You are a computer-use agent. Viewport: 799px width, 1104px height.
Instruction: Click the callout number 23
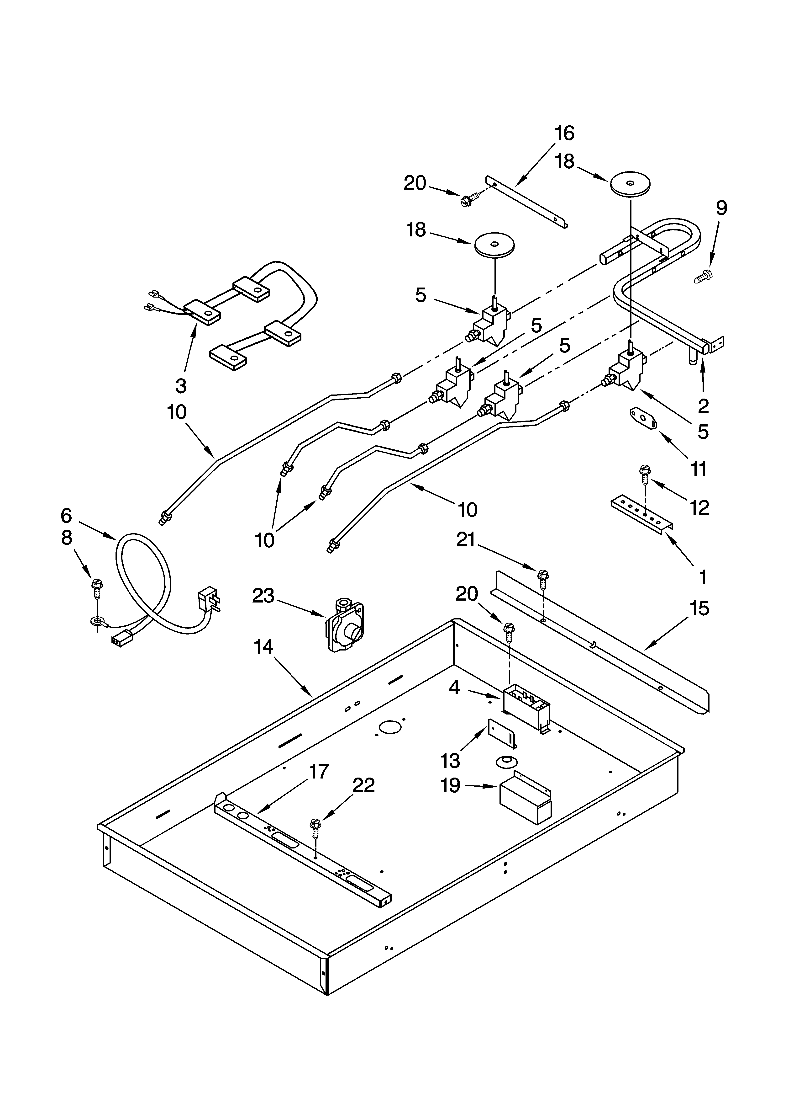pos(263,596)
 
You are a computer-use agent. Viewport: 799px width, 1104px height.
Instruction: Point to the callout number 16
pos(564,133)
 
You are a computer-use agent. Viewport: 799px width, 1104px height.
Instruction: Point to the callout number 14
pos(263,647)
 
